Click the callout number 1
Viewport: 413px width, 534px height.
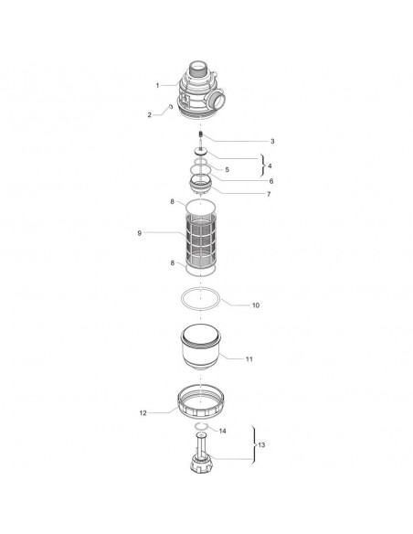point(157,85)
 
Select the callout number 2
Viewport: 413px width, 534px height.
point(149,115)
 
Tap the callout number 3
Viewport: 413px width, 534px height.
point(272,141)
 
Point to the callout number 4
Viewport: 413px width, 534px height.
point(270,166)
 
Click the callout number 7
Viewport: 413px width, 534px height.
point(269,194)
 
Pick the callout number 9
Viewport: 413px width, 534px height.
point(139,233)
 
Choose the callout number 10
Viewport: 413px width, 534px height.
point(256,305)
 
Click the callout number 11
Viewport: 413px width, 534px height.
point(249,359)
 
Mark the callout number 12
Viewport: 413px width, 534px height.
point(143,412)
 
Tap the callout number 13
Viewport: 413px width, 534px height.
point(261,444)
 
